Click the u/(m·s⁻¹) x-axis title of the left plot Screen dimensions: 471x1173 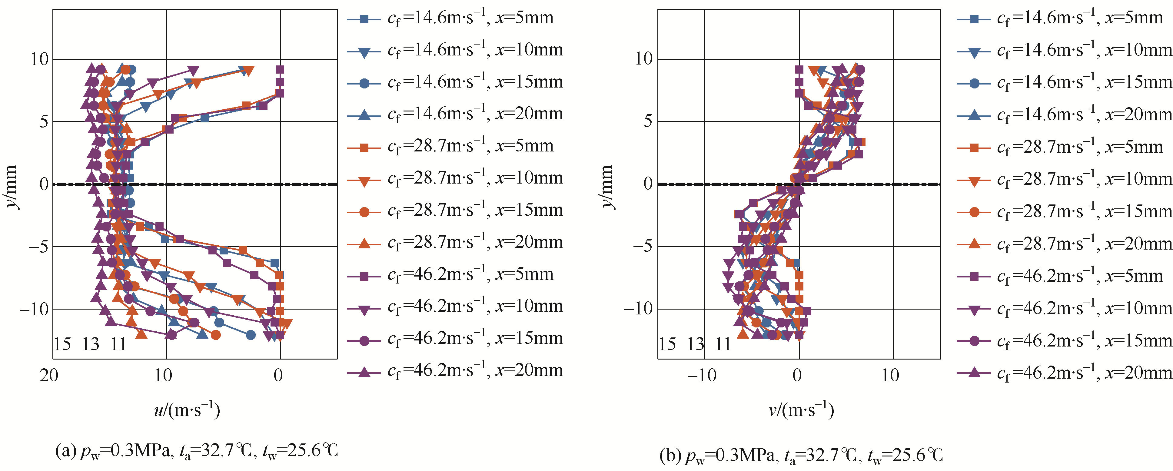click(x=187, y=410)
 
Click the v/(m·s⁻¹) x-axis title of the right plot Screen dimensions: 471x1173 click(x=801, y=410)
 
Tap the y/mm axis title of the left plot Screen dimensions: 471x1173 click(x=11, y=187)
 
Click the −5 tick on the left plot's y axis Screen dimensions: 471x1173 click(x=38, y=247)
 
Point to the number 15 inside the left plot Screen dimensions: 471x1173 click(x=62, y=344)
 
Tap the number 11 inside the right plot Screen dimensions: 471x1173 click(x=723, y=344)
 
